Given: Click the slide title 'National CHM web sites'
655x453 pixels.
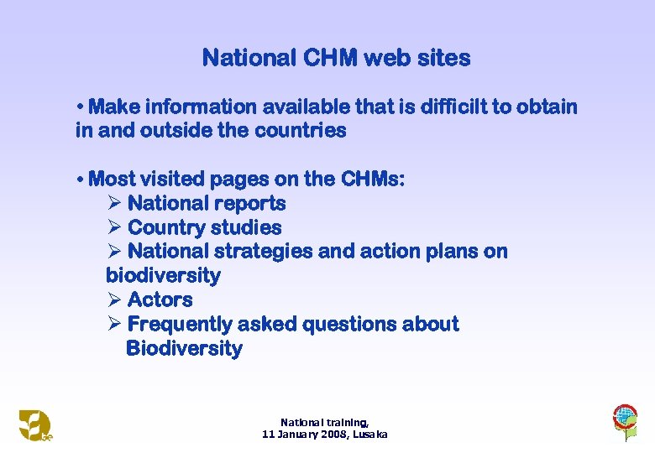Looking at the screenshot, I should tap(336, 58).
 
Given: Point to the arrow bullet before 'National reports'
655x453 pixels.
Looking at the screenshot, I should tap(115, 203).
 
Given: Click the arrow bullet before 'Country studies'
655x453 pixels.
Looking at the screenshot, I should tap(115, 227).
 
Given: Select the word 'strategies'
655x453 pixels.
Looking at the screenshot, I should tap(259, 251).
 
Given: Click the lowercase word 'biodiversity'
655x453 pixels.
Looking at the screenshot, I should tap(163, 275).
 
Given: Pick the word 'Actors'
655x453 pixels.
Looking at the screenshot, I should tap(160, 299).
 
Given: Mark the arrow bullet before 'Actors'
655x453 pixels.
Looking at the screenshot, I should tap(115, 299).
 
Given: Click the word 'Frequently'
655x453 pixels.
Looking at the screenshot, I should tap(180, 324).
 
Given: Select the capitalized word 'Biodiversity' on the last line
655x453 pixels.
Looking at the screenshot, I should tap(184, 348).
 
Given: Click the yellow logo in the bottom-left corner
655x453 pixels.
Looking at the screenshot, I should tap(34, 424).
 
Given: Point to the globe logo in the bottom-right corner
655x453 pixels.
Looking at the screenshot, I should tap(624, 419).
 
